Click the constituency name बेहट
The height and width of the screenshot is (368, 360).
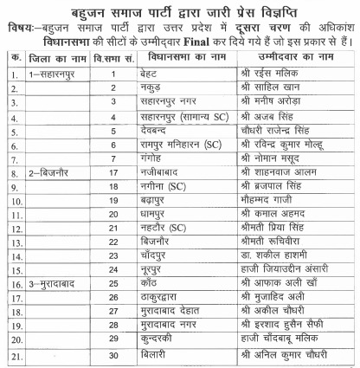150,75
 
